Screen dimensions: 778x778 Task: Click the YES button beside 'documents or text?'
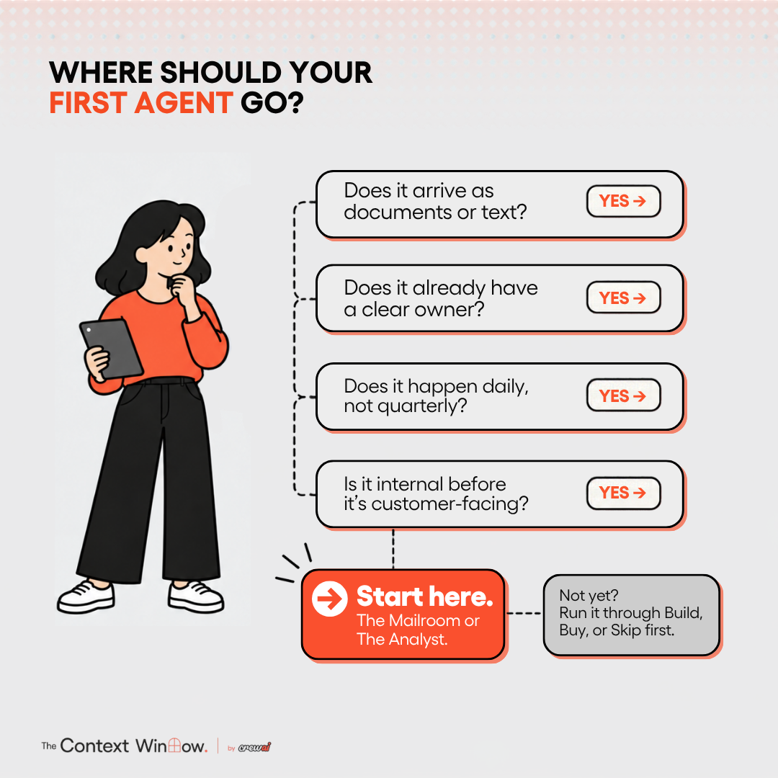click(623, 201)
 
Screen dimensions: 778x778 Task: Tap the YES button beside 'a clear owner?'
click(623, 298)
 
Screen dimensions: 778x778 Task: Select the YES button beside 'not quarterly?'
click(623, 395)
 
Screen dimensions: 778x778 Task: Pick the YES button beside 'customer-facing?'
click(623, 493)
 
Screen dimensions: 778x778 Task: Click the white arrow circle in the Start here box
click(329, 599)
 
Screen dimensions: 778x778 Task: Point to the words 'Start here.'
click(425, 596)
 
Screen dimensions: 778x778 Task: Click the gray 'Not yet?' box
click(631, 614)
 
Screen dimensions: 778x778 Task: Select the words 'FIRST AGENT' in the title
click(141, 103)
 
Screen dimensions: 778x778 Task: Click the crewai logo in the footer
click(254, 747)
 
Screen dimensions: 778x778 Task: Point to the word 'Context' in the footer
click(94, 746)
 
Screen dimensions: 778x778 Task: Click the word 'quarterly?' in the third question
click(422, 406)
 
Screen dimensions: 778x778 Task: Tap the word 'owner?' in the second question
click(450, 310)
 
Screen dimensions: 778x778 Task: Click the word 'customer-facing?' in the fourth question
click(450, 504)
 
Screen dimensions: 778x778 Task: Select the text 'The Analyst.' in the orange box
click(402, 639)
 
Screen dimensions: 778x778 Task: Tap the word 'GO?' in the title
click(272, 103)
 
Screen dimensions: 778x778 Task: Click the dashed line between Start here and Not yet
click(524, 613)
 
